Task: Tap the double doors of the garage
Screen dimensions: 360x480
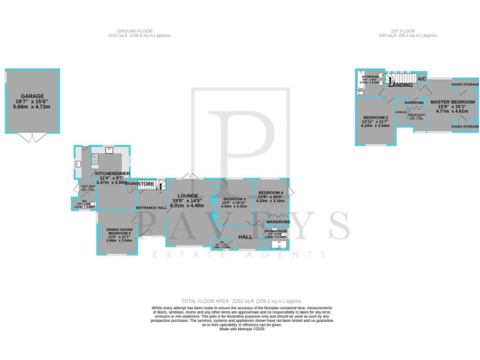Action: point(28,136)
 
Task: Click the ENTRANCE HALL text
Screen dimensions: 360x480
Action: point(151,207)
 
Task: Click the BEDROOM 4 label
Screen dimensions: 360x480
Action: point(271,192)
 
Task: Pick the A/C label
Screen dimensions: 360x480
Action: point(422,79)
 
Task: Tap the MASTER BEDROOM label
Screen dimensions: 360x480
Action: point(452,101)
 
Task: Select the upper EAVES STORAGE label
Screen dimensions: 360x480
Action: point(465,83)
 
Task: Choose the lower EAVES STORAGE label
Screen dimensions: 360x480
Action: point(465,126)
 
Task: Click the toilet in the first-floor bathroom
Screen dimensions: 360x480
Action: point(361,92)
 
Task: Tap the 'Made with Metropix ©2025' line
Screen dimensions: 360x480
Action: point(242,329)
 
